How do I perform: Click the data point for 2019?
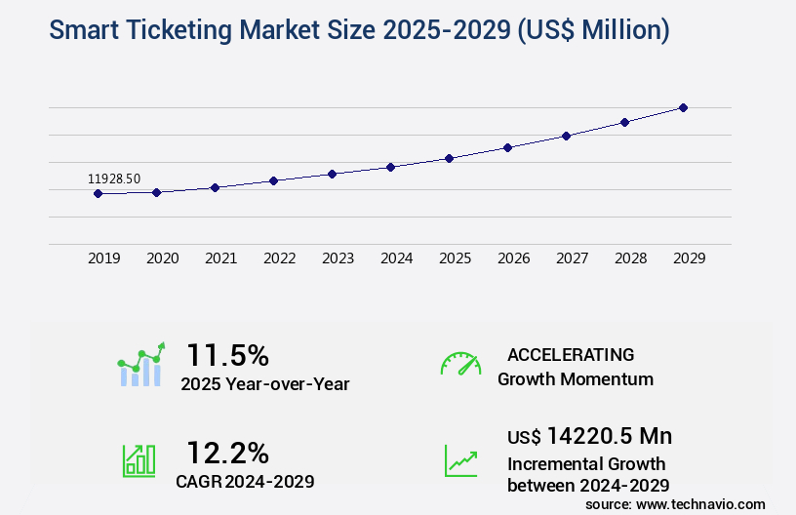tap(98, 193)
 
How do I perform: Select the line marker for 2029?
tap(683, 107)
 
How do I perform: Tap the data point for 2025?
tap(449, 158)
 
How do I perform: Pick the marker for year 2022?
tap(273, 180)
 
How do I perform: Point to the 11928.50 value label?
tap(114, 178)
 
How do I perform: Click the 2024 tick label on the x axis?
tap(396, 258)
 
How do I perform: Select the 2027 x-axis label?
tap(572, 258)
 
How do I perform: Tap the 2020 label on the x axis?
tap(162, 258)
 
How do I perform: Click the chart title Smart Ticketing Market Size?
tap(359, 31)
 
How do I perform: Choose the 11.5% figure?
tap(227, 354)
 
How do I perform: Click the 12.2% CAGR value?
tap(227, 452)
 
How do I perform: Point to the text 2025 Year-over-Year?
tap(264, 384)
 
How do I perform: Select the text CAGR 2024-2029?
tap(245, 481)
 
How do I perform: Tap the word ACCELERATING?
tap(571, 354)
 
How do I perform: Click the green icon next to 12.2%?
tap(139, 460)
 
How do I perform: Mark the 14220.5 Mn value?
tap(589, 435)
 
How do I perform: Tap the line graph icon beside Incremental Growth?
tap(460, 460)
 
